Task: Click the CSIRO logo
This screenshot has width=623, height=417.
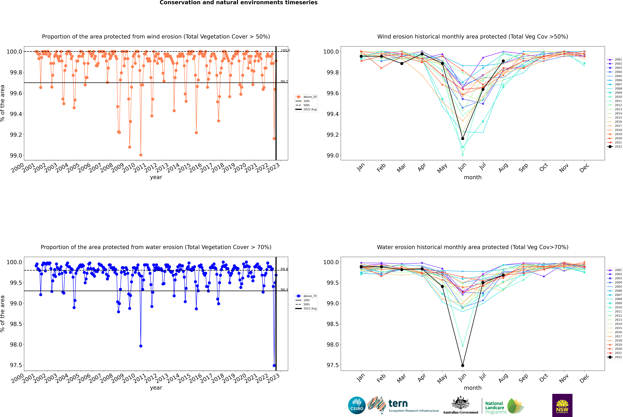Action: pos(357,405)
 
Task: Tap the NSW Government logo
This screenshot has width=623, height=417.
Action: pos(562,405)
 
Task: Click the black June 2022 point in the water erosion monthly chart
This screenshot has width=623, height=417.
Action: pos(463,365)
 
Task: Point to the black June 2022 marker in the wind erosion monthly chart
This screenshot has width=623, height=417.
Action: pos(463,139)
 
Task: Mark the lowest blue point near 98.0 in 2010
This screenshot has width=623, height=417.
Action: pos(141,346)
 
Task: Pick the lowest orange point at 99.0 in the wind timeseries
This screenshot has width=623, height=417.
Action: pos(141,155)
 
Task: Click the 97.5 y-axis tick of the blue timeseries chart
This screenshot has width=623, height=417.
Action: pos(16,365)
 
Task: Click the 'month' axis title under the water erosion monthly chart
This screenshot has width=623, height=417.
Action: pos(472,388)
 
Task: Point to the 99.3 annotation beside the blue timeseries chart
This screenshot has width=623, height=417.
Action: pos(284,290)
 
